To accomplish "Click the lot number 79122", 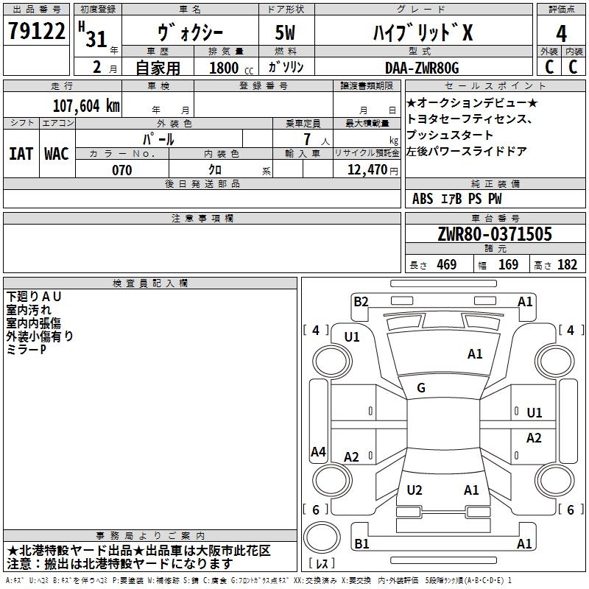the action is click(x=36, y=31).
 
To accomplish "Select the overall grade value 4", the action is click(x=561, y=33).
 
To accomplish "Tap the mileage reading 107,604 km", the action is click(x=86, y=106).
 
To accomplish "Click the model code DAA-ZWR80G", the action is click(x=422, y=68).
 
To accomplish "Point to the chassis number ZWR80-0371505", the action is click(x=495, y=234).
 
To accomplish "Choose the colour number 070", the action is click(x=122, y=170).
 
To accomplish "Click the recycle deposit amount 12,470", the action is click(x=367, y=170).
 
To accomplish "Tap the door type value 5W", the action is click(x=285, y=32).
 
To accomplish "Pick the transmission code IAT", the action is click(x=21, y=154).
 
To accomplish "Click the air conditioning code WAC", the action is click(x=57, y=154).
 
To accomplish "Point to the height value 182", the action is click(x=567, y=264).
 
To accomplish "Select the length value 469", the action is click(x=447, y=264).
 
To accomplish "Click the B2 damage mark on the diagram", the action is click(x=361, y=302).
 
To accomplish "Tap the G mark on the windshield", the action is click(x=421, y=387).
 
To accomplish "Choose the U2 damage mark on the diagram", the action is click(x=415, y=490).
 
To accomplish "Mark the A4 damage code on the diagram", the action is click(x=318, y=451).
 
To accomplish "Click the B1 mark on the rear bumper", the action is click(x=361, y=543).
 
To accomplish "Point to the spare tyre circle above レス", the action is click(x=322, y=537).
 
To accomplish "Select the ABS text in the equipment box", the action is click(x=423, y=199).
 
